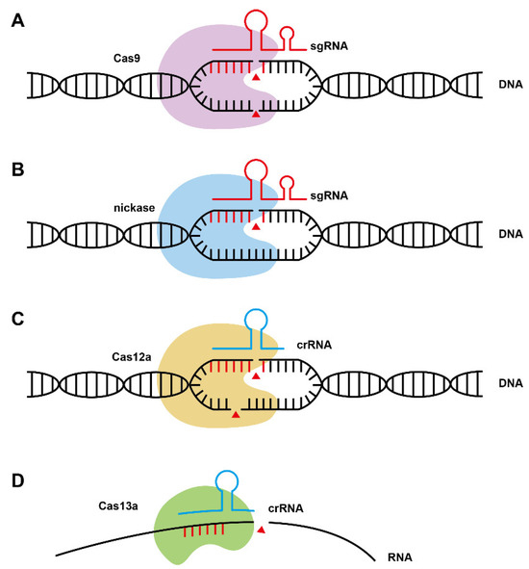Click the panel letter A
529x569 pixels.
coord(16,19)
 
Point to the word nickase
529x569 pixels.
coord(134,205)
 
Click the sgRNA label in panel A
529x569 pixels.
coord(326,46)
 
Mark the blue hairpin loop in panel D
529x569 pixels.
coord(228,480)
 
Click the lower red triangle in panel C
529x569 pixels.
coord(235,414)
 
